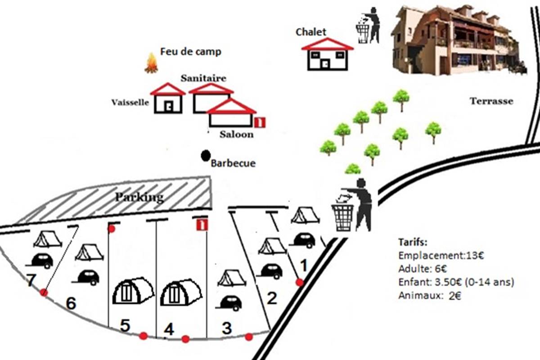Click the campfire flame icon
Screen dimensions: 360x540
151,63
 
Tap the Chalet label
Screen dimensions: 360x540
311,32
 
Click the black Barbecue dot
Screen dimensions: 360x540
206,156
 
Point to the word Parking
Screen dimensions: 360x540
139,198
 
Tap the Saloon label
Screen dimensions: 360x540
236,134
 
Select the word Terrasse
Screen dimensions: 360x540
491,101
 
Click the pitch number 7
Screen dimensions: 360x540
31,281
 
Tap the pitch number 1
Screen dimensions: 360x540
304,266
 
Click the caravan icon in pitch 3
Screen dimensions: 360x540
229,302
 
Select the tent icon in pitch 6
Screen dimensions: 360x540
89,253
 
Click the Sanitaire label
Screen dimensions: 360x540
203,78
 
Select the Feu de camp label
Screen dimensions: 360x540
191,52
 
